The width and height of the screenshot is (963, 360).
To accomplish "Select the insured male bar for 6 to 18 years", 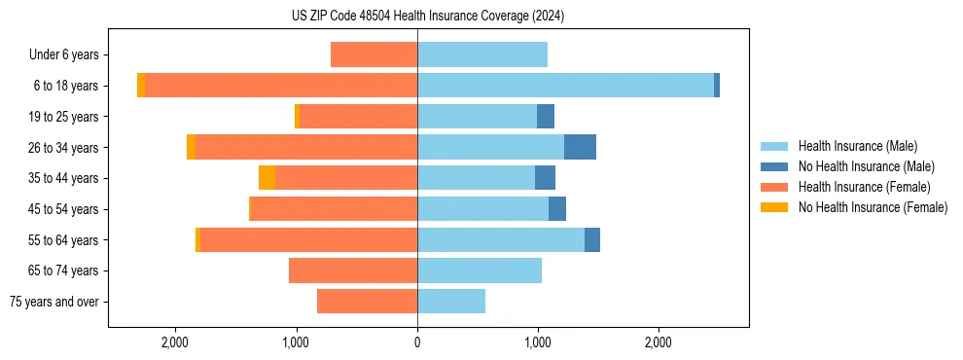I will click(x=565, y=86).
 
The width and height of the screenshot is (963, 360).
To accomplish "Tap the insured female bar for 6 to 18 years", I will click(x=281, y=86).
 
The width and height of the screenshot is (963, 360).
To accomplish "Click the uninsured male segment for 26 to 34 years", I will click(x=580, y=147).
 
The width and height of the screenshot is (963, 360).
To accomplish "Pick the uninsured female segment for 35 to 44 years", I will click(x=267, y=178).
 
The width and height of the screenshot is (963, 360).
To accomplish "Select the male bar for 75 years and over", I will click(x=451, y=302).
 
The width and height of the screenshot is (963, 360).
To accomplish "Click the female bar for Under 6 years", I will click(x=374, y=54).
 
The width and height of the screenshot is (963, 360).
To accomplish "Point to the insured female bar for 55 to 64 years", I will click(x=308, y=239).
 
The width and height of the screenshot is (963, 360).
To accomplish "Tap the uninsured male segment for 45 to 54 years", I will click(x=557, y=209).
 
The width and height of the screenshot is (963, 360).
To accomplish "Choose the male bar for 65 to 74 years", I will click(x=480, y=270).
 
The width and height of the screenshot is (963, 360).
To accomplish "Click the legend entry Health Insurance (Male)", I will click(x=857, y=146).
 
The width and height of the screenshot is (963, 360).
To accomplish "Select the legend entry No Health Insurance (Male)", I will click(x=866, y=166).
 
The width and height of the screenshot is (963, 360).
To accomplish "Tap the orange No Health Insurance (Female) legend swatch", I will click(x=775, y=207).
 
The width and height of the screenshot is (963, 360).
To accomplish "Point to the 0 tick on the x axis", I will click(x=417, y=342).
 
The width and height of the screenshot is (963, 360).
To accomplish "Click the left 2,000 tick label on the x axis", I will click(x=175, y=342).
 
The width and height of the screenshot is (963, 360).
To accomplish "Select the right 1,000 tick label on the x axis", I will click(x=538, y=342).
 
